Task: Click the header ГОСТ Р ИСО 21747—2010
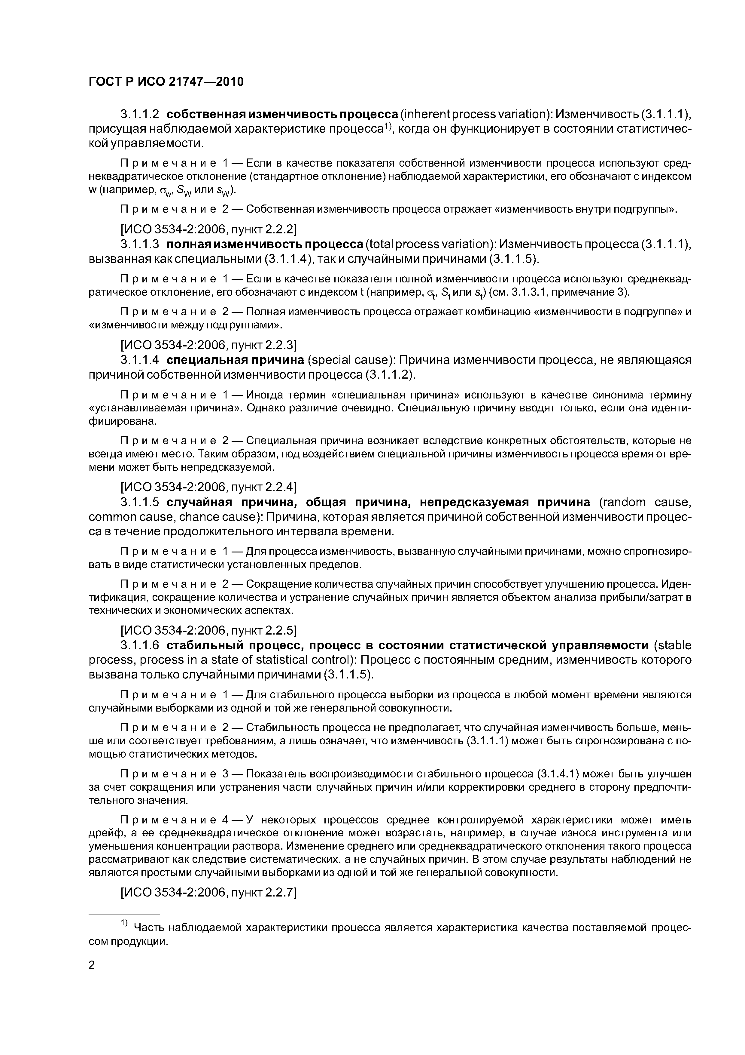pyautogui.click(x=166, y=82)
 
